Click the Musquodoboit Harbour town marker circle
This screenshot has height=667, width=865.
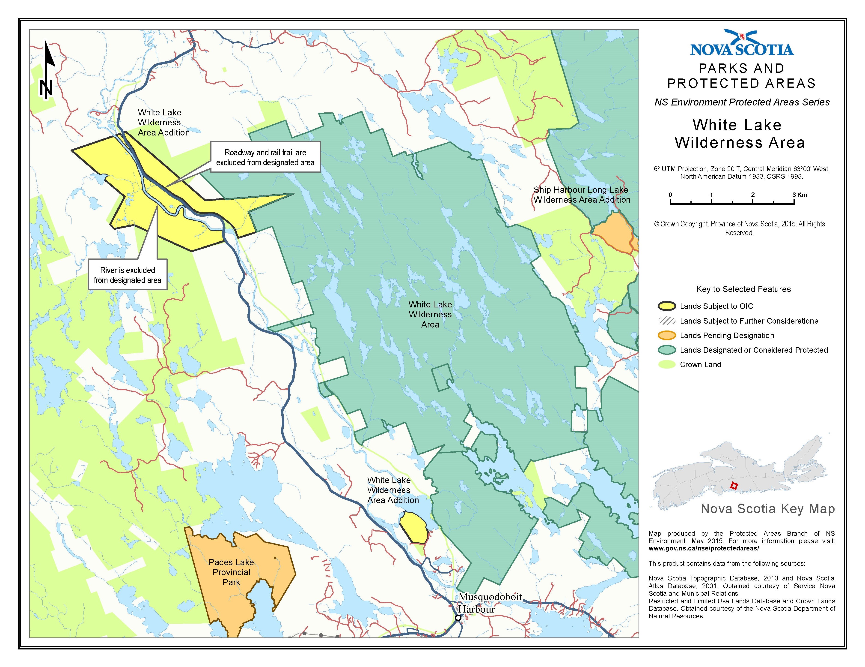pyautogui.click(x=458, y=617)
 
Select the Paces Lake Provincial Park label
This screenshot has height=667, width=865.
pyautogui.click(x=231, y=572)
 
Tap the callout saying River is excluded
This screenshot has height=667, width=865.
pyautogui.click(x=128, y=275)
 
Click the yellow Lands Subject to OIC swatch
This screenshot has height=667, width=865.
pyautogui.click(x=667, y=306)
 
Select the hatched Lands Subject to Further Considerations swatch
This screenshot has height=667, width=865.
pyautogui.click(x=667, y=321)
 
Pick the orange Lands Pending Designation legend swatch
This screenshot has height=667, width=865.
pyautogui.click(x=667, y=335)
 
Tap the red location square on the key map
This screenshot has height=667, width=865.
pyautogui.click(x=734, y=486)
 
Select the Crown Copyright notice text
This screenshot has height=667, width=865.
pyautogui.click(x=739, y=228)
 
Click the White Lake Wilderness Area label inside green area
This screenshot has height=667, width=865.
pyautogui.click(x=430, y=314)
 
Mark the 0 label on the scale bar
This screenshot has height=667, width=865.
pyautogui.click(x=670, y=195)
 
